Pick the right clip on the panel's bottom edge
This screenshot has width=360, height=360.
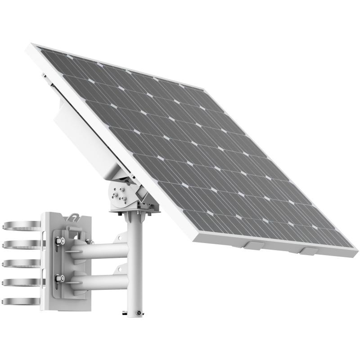(309, 251)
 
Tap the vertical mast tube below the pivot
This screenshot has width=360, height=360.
(135, 265)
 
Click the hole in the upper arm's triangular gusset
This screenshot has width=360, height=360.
(120, 237)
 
